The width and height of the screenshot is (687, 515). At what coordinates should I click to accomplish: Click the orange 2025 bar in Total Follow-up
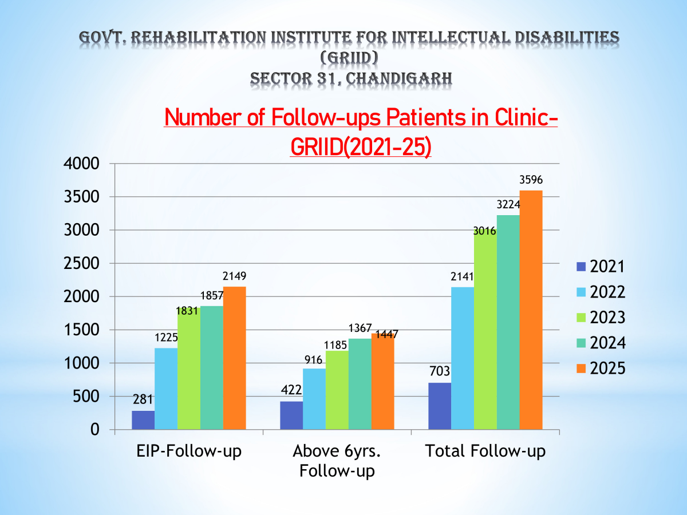coord(531,310)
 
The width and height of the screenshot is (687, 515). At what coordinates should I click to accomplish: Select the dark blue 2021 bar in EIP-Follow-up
coord(143,419)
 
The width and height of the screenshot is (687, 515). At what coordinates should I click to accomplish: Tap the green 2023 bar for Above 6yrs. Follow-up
coord(337,390)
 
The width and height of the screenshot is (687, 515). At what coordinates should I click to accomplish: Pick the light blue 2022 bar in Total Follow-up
coord(463,358)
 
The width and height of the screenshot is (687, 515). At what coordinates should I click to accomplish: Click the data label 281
coord(143,399)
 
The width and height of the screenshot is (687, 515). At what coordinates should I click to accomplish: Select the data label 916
coord(314,359)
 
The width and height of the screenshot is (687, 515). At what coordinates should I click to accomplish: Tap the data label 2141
coord(463,278)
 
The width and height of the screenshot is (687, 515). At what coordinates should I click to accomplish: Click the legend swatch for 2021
coord(581,266)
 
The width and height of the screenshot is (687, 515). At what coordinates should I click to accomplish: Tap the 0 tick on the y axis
coord(95,430)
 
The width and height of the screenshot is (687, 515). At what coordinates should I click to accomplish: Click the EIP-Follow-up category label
coord(189,451)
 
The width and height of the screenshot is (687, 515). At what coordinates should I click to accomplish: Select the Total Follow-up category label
coord(485,451)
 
